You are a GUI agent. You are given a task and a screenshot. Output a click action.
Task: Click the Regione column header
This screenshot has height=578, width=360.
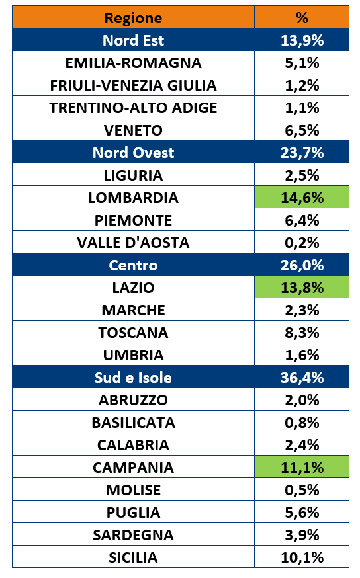click(133, 18)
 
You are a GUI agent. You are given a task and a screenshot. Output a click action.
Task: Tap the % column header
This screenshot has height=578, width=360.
click(302, 18)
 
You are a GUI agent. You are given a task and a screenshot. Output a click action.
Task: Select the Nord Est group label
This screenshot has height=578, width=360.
click(133, 40)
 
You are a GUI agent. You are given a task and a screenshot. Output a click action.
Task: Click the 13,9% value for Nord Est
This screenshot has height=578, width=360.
click(302, 40)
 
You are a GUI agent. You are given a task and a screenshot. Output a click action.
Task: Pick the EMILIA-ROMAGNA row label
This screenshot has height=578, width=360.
click(133, 63)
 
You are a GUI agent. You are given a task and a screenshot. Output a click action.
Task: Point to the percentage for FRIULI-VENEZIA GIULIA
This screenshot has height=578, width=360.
click(302, 85)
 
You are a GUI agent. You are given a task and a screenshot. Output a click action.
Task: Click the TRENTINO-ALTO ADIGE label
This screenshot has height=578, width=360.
click(133, 108)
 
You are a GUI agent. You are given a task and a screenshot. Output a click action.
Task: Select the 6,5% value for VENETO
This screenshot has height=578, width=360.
click(302, 130)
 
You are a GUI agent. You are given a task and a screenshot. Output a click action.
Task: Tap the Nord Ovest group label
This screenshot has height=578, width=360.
click(133, 153)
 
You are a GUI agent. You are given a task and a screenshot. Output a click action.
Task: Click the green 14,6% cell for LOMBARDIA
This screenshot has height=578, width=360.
click(302, 197)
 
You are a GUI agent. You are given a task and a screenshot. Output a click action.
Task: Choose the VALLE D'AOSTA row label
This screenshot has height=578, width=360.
click(133, 243)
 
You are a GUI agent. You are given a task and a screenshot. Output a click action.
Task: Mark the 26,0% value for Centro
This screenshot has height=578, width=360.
click(302, 265)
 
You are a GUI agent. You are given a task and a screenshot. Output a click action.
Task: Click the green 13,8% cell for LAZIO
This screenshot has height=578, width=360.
click(302, 287)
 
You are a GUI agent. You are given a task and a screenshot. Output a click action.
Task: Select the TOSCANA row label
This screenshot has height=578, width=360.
click(133, 333)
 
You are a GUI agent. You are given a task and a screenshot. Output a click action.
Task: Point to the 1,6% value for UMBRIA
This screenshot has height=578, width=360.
click(302, 355)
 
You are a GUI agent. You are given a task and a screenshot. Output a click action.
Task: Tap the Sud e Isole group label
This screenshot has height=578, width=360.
click(133, 378)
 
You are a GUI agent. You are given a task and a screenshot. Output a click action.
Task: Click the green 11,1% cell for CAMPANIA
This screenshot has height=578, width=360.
click(302, 467)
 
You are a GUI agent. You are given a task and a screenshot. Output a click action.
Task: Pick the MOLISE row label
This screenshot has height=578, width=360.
click(133, 490)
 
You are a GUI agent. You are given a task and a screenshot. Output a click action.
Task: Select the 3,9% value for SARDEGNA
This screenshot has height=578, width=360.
click(302, 535)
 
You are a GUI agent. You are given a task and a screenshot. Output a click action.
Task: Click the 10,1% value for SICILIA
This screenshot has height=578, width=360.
click(302, 557)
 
